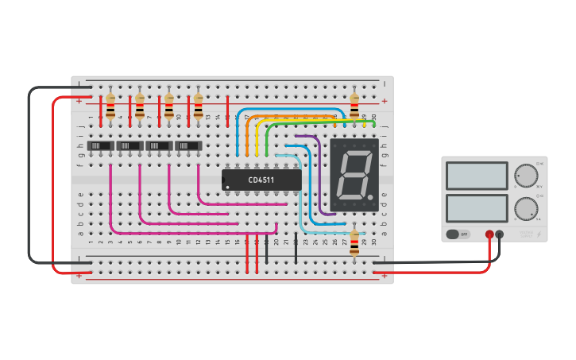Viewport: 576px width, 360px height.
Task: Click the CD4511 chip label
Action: [x=261, y=180]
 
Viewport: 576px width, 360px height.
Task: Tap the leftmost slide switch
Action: [x=100, y=146]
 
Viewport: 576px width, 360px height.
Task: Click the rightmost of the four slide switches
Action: [x=188, y=146]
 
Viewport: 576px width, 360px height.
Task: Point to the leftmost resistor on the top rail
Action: [x=110, y=105]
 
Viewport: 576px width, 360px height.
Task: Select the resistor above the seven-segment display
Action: [x=354, y=104]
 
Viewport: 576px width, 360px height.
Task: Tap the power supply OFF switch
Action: [x=457, y=234]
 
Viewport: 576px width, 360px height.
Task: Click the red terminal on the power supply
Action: [x=489, y=234]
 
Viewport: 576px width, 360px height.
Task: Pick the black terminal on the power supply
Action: [x=500, y=234]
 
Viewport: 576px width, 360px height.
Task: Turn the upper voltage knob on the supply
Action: [x=524, y=175]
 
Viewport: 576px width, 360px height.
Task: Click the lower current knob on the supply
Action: [x=524, y=209]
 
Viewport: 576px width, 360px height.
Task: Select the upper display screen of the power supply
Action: [x=477, y=176]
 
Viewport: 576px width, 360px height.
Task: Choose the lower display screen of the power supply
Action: [x=477, y=209]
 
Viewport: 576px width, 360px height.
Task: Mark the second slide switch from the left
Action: [x=130, y=146]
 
